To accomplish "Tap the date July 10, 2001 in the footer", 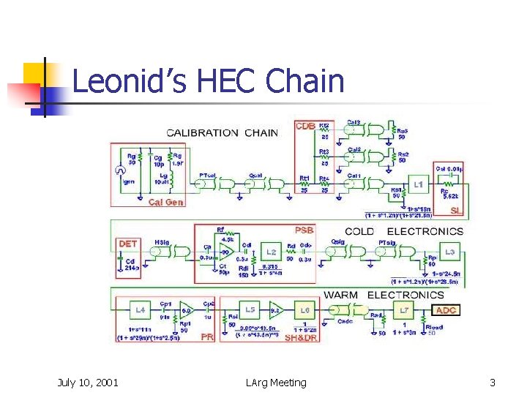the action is point(88,382).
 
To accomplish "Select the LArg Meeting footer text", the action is point(277,382).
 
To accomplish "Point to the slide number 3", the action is point(493,382).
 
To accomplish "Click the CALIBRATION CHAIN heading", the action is point(213,132).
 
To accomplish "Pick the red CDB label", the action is point(305,127).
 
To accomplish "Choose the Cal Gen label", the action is point(166,202).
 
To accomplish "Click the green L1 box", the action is point(418,186).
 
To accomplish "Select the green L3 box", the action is point(449,252).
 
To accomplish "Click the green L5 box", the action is point(250,309).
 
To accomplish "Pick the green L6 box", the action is point(305,309).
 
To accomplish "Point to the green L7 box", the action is point(404,311).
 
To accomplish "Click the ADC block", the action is point(446,310).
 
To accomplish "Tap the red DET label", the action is point(127,243).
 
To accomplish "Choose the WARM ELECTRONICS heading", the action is point(384,296).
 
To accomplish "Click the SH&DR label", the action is point(300,337).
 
